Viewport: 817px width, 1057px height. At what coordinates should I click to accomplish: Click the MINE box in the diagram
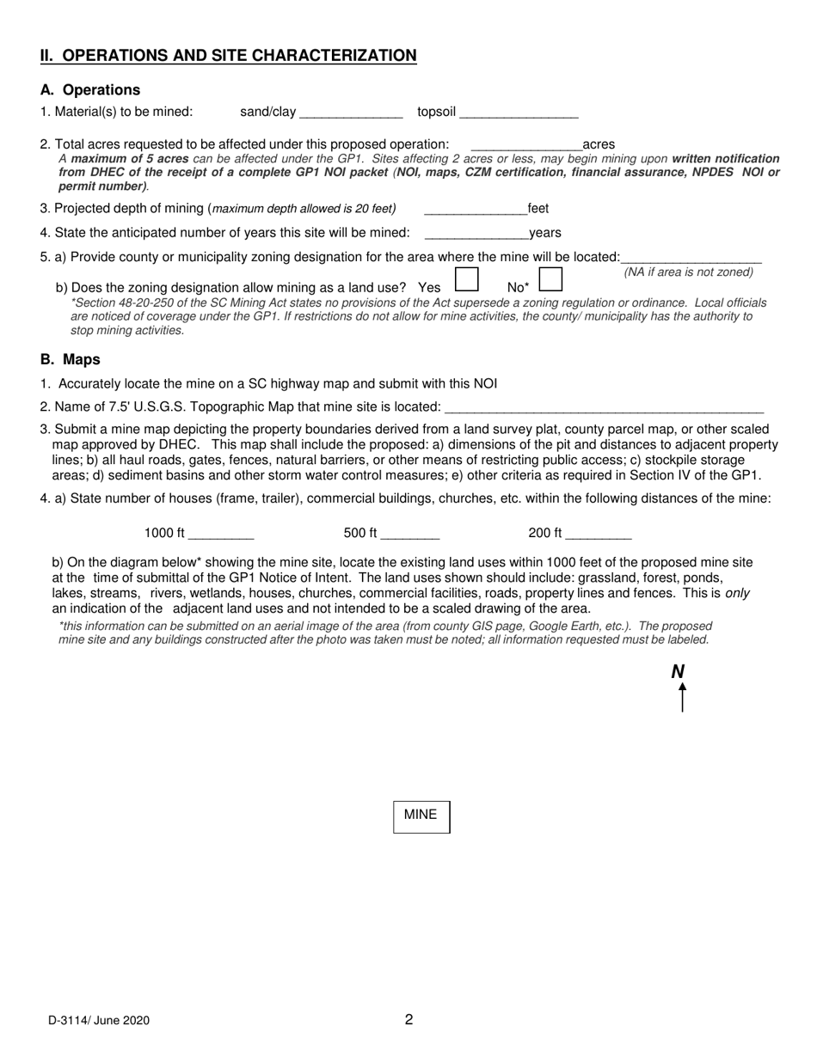coord(421,816)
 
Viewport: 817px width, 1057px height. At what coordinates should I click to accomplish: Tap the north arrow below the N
coord(682,697)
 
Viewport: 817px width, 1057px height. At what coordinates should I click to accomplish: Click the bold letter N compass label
coord(678,672)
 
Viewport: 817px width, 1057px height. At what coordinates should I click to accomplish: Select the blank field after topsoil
coord(519,113)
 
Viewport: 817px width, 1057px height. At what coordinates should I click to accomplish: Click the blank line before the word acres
coord(526,146)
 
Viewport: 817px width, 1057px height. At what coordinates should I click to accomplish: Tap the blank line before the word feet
coord(476,210)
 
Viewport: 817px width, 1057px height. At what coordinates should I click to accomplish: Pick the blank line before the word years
coord(476,234)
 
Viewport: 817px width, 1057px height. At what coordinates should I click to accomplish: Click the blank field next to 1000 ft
coord(221,535)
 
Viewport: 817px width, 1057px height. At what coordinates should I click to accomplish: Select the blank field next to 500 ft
coord(410,535)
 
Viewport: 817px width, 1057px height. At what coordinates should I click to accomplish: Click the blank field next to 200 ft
coord(599,535)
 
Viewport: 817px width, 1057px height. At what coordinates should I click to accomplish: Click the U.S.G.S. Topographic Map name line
coord(604,407)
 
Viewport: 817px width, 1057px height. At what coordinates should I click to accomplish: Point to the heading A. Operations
coord(90,90)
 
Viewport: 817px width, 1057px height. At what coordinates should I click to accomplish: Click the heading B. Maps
coord(71,360)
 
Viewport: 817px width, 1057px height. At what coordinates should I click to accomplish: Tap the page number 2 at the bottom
coord(408,1020)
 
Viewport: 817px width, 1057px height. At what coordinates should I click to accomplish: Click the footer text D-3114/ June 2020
coord(99,1021)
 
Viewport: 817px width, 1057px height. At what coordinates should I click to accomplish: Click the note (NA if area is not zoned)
coord(688,272)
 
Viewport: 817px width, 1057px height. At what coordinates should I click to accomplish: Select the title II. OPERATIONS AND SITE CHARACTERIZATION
coord(229,56)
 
